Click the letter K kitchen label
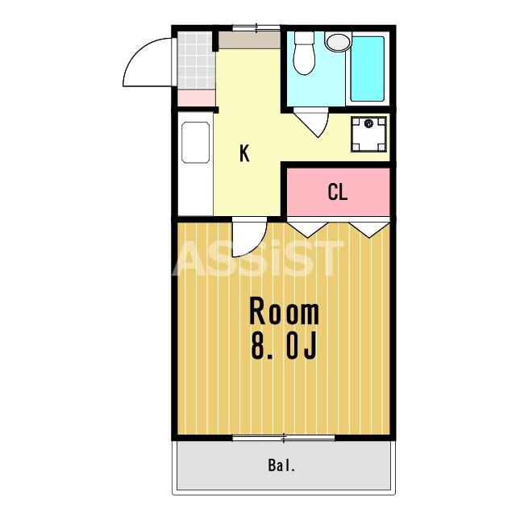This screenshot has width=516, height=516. [244, 153]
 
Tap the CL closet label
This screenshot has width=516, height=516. [338, 192]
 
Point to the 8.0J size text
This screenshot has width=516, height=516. [284, 345]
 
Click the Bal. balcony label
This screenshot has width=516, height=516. [281, 466]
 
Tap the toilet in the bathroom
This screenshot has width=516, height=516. [304, 52]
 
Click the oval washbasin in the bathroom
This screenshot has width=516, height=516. [339, 42]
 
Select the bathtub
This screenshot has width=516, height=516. [368, 69]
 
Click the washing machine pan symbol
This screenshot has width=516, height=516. [368, 134]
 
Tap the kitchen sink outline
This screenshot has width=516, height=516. [195, 143]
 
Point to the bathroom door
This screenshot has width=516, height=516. [311, 122]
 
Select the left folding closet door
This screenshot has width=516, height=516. [307, 227]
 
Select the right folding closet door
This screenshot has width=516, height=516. [369, 227]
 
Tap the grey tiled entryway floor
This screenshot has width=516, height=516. [196, 60]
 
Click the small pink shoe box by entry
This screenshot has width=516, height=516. [197, 98]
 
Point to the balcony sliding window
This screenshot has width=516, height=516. [284, 438]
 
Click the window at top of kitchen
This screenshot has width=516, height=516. [256, 28]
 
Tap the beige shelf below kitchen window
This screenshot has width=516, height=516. [250, 40]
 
